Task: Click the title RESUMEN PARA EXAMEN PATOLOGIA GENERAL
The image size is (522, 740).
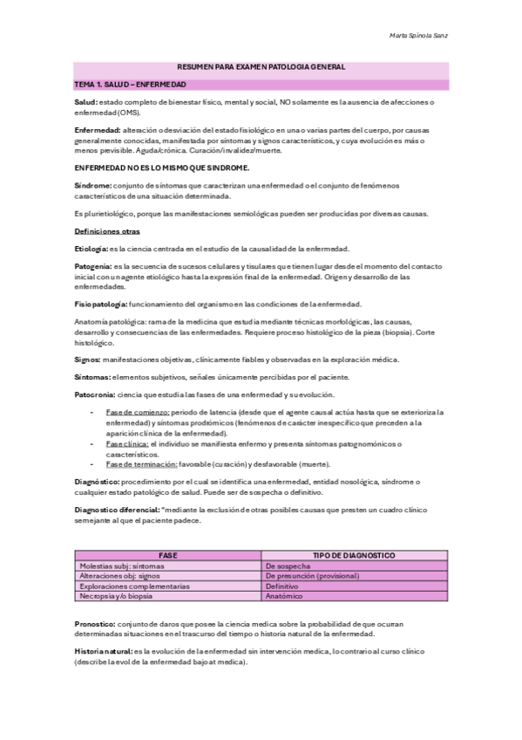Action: click(x=261, y=67)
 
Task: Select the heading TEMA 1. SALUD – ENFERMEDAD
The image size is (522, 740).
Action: click(x=131, y=84)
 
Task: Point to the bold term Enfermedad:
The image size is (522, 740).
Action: click(x=98, y=129)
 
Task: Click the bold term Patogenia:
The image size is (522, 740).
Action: click(x=93, y=265)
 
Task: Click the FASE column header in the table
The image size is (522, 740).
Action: click(x=168, y=555)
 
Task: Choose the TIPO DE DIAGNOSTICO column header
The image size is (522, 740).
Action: click(x=355, y=555)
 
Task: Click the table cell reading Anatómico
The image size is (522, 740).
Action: click(x=285, y=597)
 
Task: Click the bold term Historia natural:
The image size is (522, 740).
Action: click(x=102, y=652)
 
